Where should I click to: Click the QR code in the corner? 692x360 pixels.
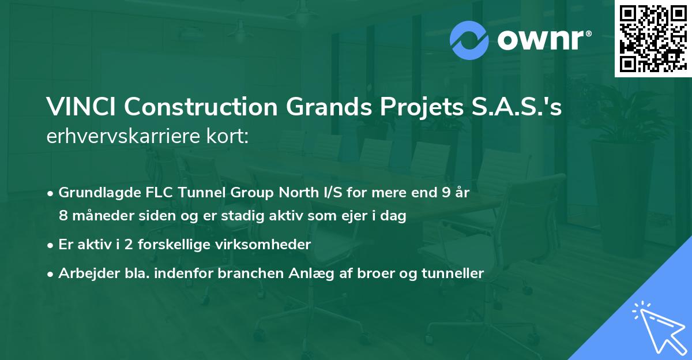coord(653,39)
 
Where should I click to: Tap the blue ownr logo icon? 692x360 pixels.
coord(469,40)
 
